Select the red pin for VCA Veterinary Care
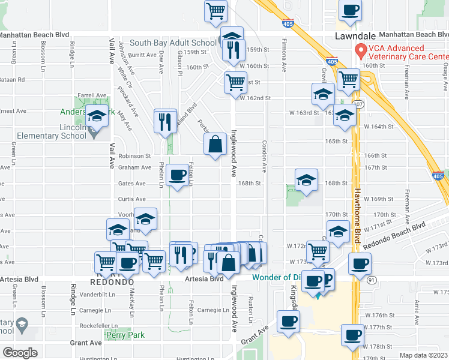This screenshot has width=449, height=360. (360, 50)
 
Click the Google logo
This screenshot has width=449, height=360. (20, 352)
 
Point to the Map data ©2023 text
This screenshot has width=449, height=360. (423, 355)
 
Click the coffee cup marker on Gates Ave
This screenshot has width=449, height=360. (177, 175)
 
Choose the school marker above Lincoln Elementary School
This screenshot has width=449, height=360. (96, 116)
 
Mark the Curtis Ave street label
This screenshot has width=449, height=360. (131, 199)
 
